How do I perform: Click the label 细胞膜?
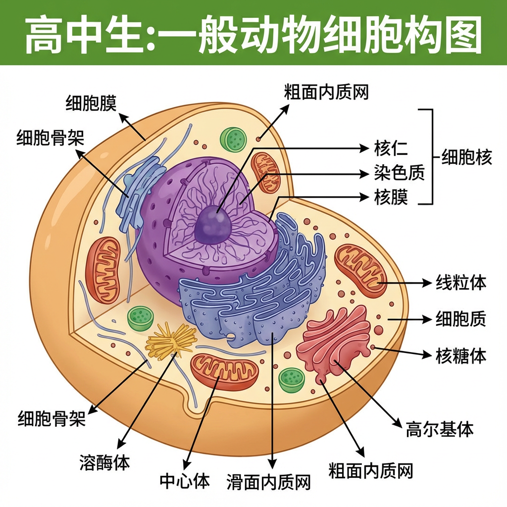coord(91,103)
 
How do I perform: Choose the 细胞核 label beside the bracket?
coord(467,158)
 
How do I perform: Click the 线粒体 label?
coord(460,283)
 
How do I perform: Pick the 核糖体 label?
coord(460,355)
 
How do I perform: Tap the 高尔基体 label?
coord(440,429)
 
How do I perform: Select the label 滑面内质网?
coord(269,481)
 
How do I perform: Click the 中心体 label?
coord(185,480)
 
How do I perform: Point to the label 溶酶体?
coord(104,463)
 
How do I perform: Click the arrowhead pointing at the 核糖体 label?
coord(427,355)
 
